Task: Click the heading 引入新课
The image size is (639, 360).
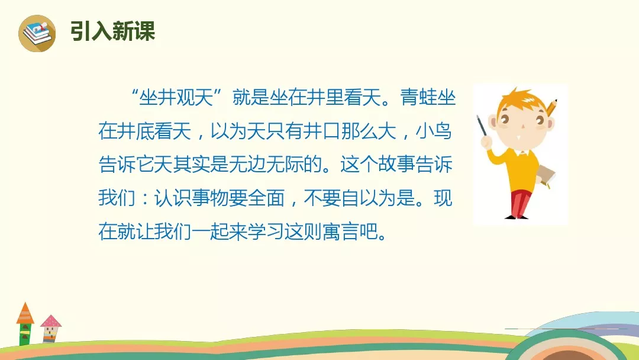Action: pos(112,31)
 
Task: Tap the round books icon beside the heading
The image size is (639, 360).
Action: pos(37,33)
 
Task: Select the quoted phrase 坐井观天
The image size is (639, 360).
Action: pos(176,98)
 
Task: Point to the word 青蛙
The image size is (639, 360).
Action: pos(418,98)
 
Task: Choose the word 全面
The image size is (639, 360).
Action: pos(266,198)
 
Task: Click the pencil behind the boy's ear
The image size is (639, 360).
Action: pos(551,108)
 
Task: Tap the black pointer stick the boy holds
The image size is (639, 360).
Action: pos(482,126)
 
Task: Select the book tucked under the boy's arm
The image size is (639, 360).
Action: pos(546,178)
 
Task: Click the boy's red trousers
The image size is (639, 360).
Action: pos(521,202)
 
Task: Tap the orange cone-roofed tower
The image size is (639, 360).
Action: pos(25,323)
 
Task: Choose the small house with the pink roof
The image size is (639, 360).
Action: pos(50,328)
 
